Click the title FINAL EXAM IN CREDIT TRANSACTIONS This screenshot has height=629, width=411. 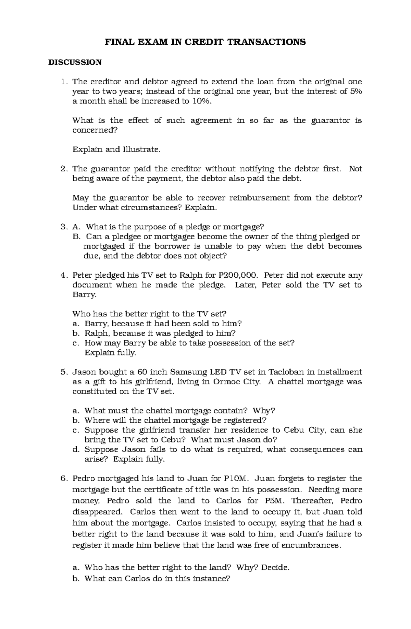tap(205, 42)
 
